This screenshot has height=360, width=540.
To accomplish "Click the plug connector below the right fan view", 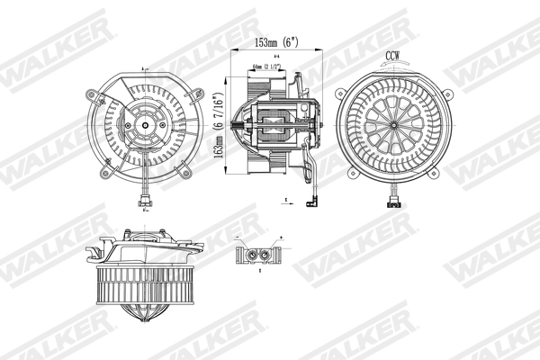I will pos(392,200).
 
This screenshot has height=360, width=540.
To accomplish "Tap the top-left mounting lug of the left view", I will pos(91,94).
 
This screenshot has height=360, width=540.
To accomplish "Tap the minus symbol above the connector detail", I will pos(240,238).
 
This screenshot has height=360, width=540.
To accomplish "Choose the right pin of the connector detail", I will pos(266,255).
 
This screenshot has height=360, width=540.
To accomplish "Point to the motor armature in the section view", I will pos(275,124).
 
